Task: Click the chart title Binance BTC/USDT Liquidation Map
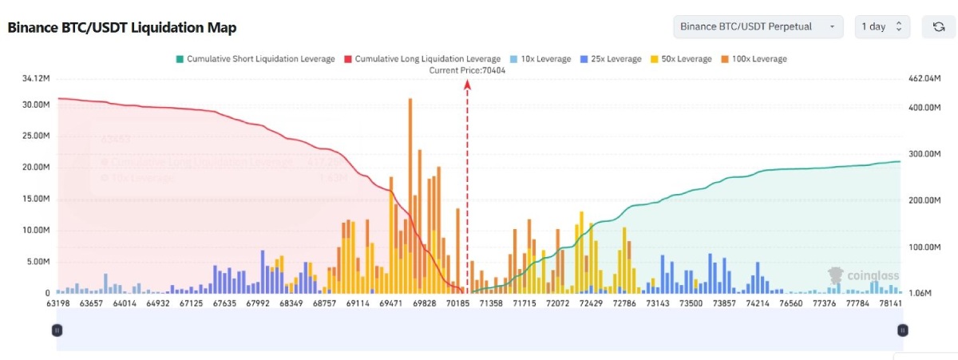tap(122, 27)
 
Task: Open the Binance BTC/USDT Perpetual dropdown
tap(758, 26)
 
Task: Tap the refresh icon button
tap(939, 26)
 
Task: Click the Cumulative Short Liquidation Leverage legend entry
tap(255, 59)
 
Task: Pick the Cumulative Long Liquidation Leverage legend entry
tap(422, 59)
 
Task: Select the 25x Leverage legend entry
tap(611, 59)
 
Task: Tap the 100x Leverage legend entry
tap(754, 59)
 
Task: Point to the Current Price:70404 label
tap(467, 70)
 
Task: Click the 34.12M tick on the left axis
tap(37, 78)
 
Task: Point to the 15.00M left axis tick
tap(37, 199)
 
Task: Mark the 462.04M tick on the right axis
tap(927, 78)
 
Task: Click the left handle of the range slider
tap(57, 330)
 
